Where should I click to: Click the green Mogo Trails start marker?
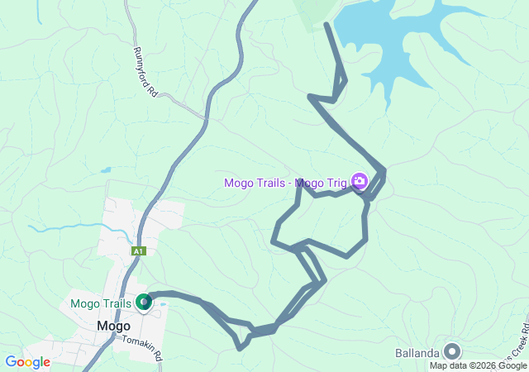(x=144, y=303)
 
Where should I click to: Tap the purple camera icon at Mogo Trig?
(x=360, y=180)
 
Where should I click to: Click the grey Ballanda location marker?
(x=452, y=351)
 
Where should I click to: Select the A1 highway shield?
(x=138, y=250)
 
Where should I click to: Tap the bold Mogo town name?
(x=113, y=326)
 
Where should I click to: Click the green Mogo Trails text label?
(x=101, y=303)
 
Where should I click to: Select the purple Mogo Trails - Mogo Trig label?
(x=286, y=182)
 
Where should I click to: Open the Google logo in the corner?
(x=27, y=362)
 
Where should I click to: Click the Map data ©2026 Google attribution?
(x=478, y=365)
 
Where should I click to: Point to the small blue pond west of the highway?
(x=106, y=170)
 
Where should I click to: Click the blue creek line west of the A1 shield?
(x=66, y=226)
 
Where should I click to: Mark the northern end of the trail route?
(x=327, y=24)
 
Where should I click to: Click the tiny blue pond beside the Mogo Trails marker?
(x=163, y=304)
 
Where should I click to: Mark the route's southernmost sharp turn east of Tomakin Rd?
(x=240, y=348)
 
